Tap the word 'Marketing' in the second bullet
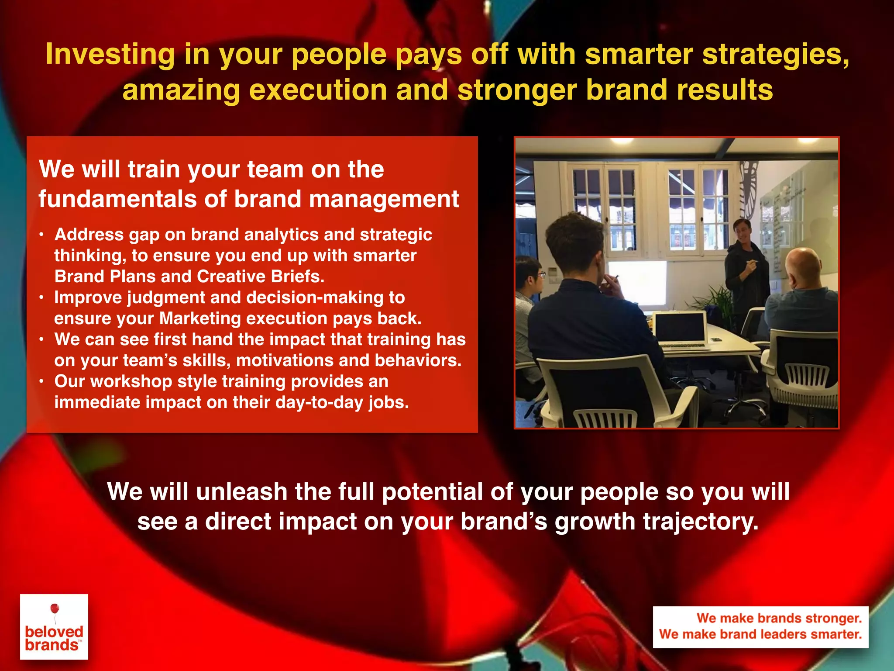click(199, 318)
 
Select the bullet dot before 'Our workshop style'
click(41, 382)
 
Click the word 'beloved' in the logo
click(54, 632)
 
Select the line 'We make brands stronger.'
click(779, 618)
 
